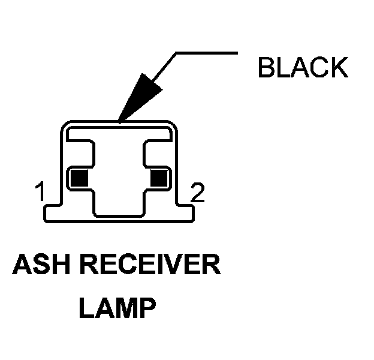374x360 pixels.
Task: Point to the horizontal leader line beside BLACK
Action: point(204,53)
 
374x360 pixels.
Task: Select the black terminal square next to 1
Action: point(79,177)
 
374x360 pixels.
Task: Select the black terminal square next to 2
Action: point(159,177)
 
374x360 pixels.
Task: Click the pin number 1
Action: point(40,193)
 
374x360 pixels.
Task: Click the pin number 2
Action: point(197,193)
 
